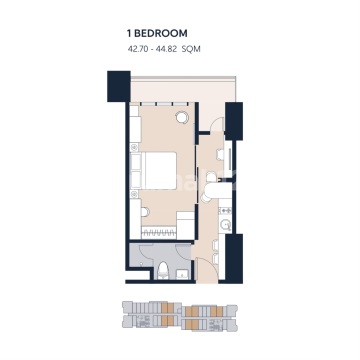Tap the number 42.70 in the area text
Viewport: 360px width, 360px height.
(x=137, y=49)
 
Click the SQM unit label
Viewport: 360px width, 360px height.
(x=191, y=49)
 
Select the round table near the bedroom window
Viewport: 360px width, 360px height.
(x=182, y=117)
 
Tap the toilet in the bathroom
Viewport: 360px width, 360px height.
(x=163, y=269)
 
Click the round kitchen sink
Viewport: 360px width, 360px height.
(x=226, y=226)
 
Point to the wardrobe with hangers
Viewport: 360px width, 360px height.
(x=159, y=233)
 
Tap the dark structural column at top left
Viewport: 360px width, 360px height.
(x=119, y=86)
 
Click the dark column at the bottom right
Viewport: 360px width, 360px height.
(x=234, y=258)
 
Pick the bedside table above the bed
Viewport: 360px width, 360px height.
(x=134, y=147)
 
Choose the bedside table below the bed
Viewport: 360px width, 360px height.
(x=134, y=194)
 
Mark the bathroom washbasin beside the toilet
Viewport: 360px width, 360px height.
(x=182, y=274)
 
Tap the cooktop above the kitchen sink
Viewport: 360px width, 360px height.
(x=225, y=210)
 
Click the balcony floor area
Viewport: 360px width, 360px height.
(x=183, y=90)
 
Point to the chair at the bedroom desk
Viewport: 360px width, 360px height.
(x=144, y=212)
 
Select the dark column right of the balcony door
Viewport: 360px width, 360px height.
(x=234, y=121)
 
